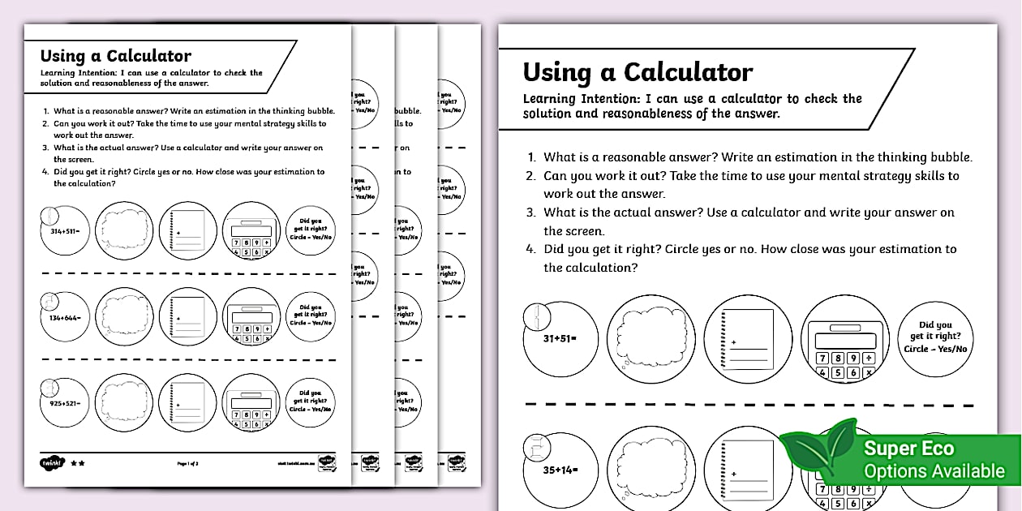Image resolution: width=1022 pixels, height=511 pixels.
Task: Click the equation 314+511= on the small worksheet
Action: [64, 230]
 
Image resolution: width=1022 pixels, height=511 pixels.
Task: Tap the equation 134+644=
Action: [63, 317]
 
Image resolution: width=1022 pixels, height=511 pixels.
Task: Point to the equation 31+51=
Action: [560, 337]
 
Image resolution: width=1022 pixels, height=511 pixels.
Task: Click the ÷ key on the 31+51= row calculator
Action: [869, 358]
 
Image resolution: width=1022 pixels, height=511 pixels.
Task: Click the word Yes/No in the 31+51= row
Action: [951, 350]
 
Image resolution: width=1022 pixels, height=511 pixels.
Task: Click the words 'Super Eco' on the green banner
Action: [908, 449]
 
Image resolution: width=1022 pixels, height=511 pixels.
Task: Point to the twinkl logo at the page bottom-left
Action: [50, 462]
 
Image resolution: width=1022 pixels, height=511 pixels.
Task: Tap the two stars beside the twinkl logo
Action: [78, 463]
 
